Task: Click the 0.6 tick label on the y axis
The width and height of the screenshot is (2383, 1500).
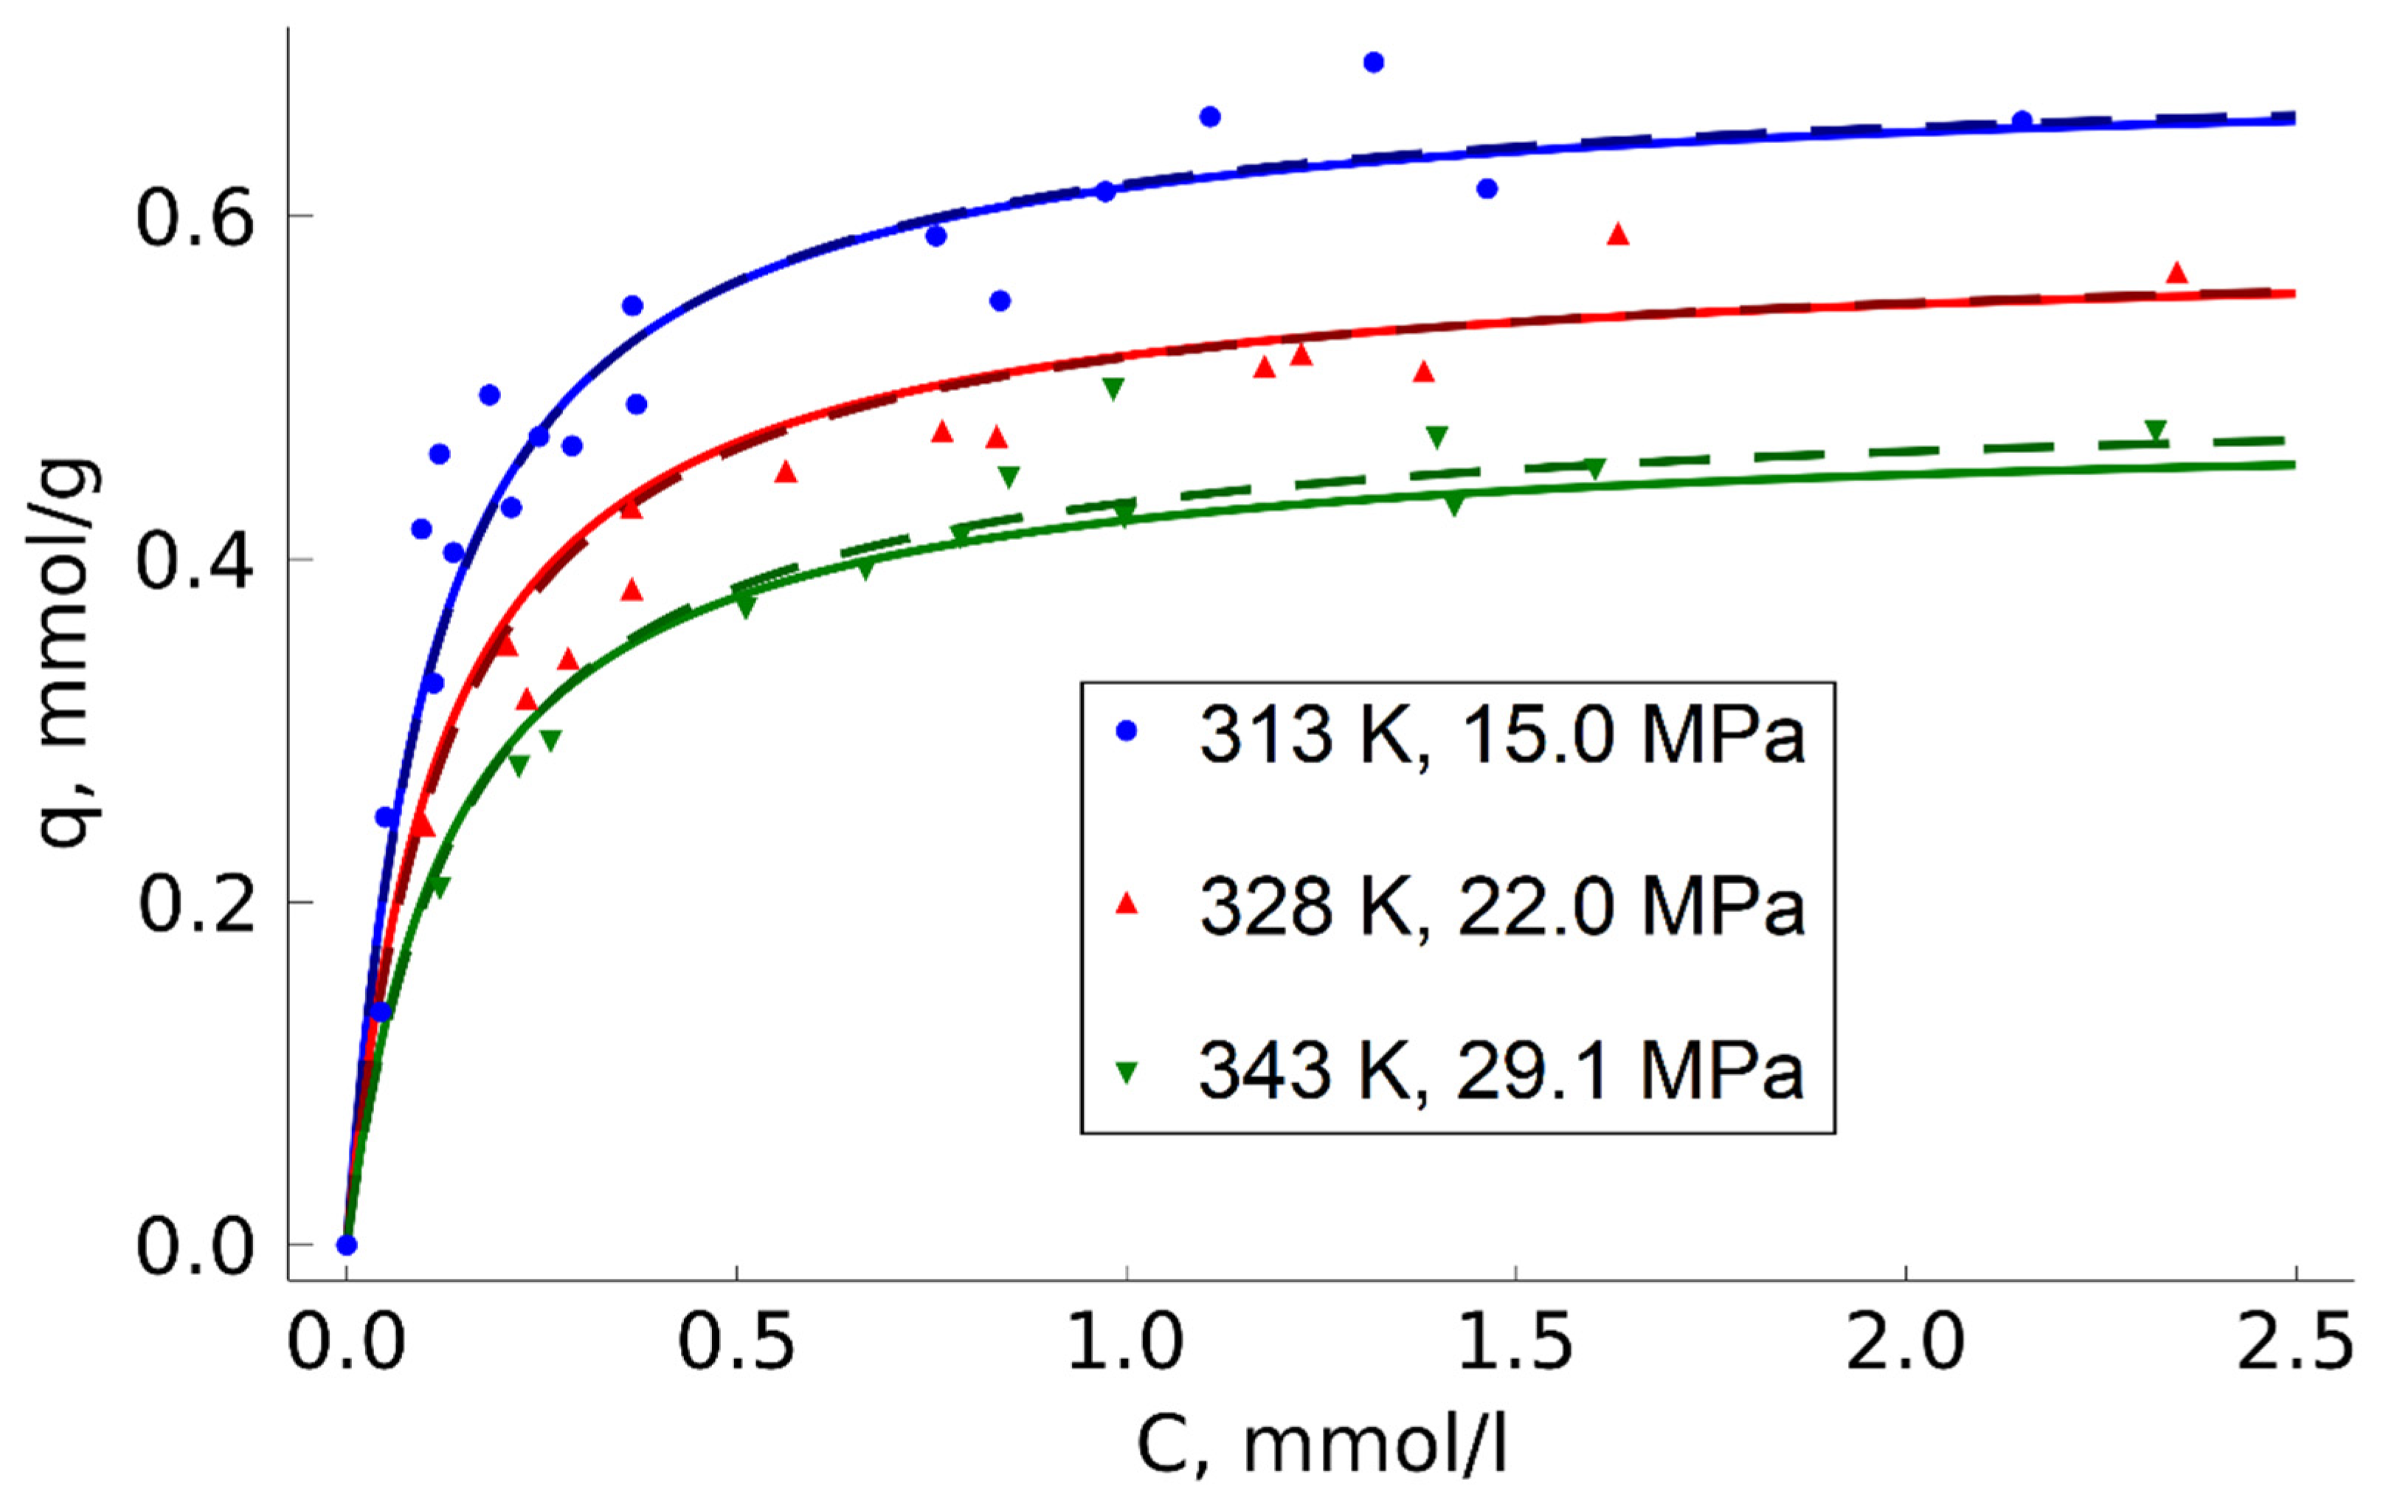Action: [x=194, y=218]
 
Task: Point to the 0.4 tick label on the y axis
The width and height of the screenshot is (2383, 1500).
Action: [x=194, y=561]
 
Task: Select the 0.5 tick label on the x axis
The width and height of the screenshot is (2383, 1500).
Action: [x=736, y=1344]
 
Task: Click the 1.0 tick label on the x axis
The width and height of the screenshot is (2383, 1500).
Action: [x=1125, y=1344]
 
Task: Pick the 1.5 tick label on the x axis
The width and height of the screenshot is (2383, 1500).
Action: [x=1515, y=1344]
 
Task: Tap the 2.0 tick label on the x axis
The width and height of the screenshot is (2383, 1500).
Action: [x=1905, y=1344]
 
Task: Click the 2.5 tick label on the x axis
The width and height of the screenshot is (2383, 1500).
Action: [x=2294, y=1344]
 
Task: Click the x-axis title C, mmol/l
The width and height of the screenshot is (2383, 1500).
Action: [x=1321, y=1445]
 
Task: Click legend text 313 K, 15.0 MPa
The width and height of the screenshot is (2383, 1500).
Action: [x=1502, y=735]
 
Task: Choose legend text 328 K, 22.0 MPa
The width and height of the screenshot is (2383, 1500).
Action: [x=1502, y=906]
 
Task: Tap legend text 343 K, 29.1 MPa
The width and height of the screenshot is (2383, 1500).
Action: [x=1502, y=1071]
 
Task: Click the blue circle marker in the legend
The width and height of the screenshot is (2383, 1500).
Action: [x=1126, y=731]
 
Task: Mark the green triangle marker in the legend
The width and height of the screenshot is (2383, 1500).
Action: [x=1126, y=1071]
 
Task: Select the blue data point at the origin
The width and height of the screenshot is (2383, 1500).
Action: [x=346, y=1245]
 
